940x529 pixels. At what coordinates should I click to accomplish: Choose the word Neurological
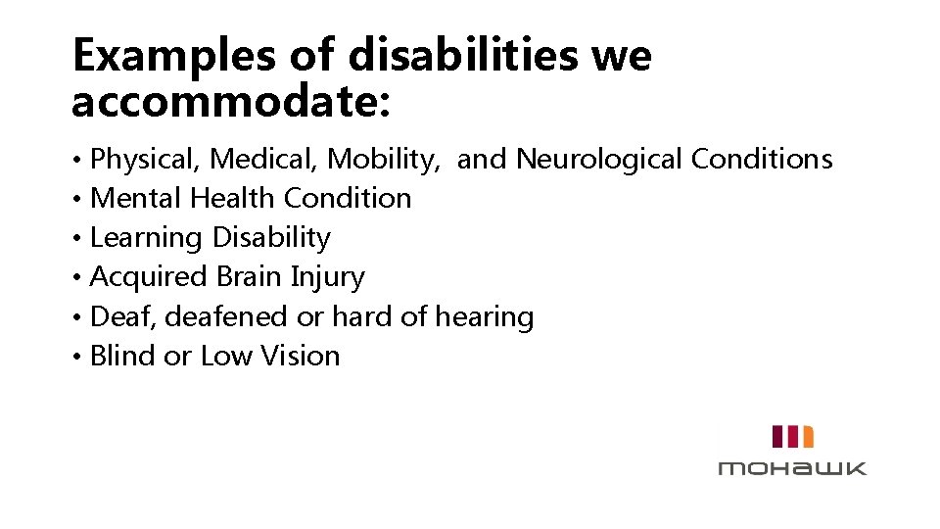[599, 158]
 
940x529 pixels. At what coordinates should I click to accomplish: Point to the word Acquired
[149, 277]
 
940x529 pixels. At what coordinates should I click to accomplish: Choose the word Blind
[123, 356]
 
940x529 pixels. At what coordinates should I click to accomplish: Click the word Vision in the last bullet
[301, 356]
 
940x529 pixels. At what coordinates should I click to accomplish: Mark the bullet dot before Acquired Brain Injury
[77, 278]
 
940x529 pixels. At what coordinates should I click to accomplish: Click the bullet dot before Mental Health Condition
[77, 199]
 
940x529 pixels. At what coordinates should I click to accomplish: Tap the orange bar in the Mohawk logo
[808, 436]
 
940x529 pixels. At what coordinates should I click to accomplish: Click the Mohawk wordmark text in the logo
[792, 467]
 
